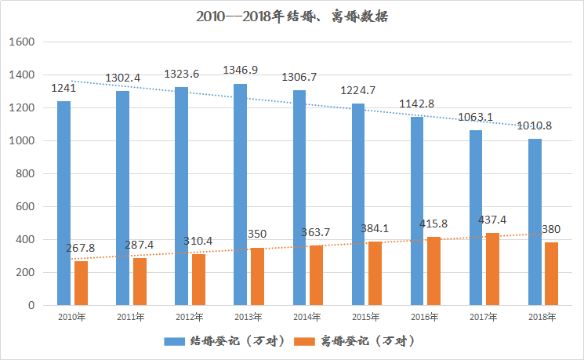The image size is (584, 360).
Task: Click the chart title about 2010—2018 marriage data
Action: click(x=292, y=15)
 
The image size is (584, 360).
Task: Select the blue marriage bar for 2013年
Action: click(x=240, y=195)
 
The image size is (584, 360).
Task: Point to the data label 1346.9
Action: click(x=240, y=71)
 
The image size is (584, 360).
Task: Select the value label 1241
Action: click(x=63, y=88)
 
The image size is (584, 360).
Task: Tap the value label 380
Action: click(x=552, y=230)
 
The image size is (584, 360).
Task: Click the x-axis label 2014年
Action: click(x=307, y=318)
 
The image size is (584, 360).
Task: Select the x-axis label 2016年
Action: click(x=424, y=318)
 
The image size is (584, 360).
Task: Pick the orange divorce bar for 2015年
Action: click(x=375, y=274)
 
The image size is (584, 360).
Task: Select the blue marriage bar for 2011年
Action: click(x=122, y=198)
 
